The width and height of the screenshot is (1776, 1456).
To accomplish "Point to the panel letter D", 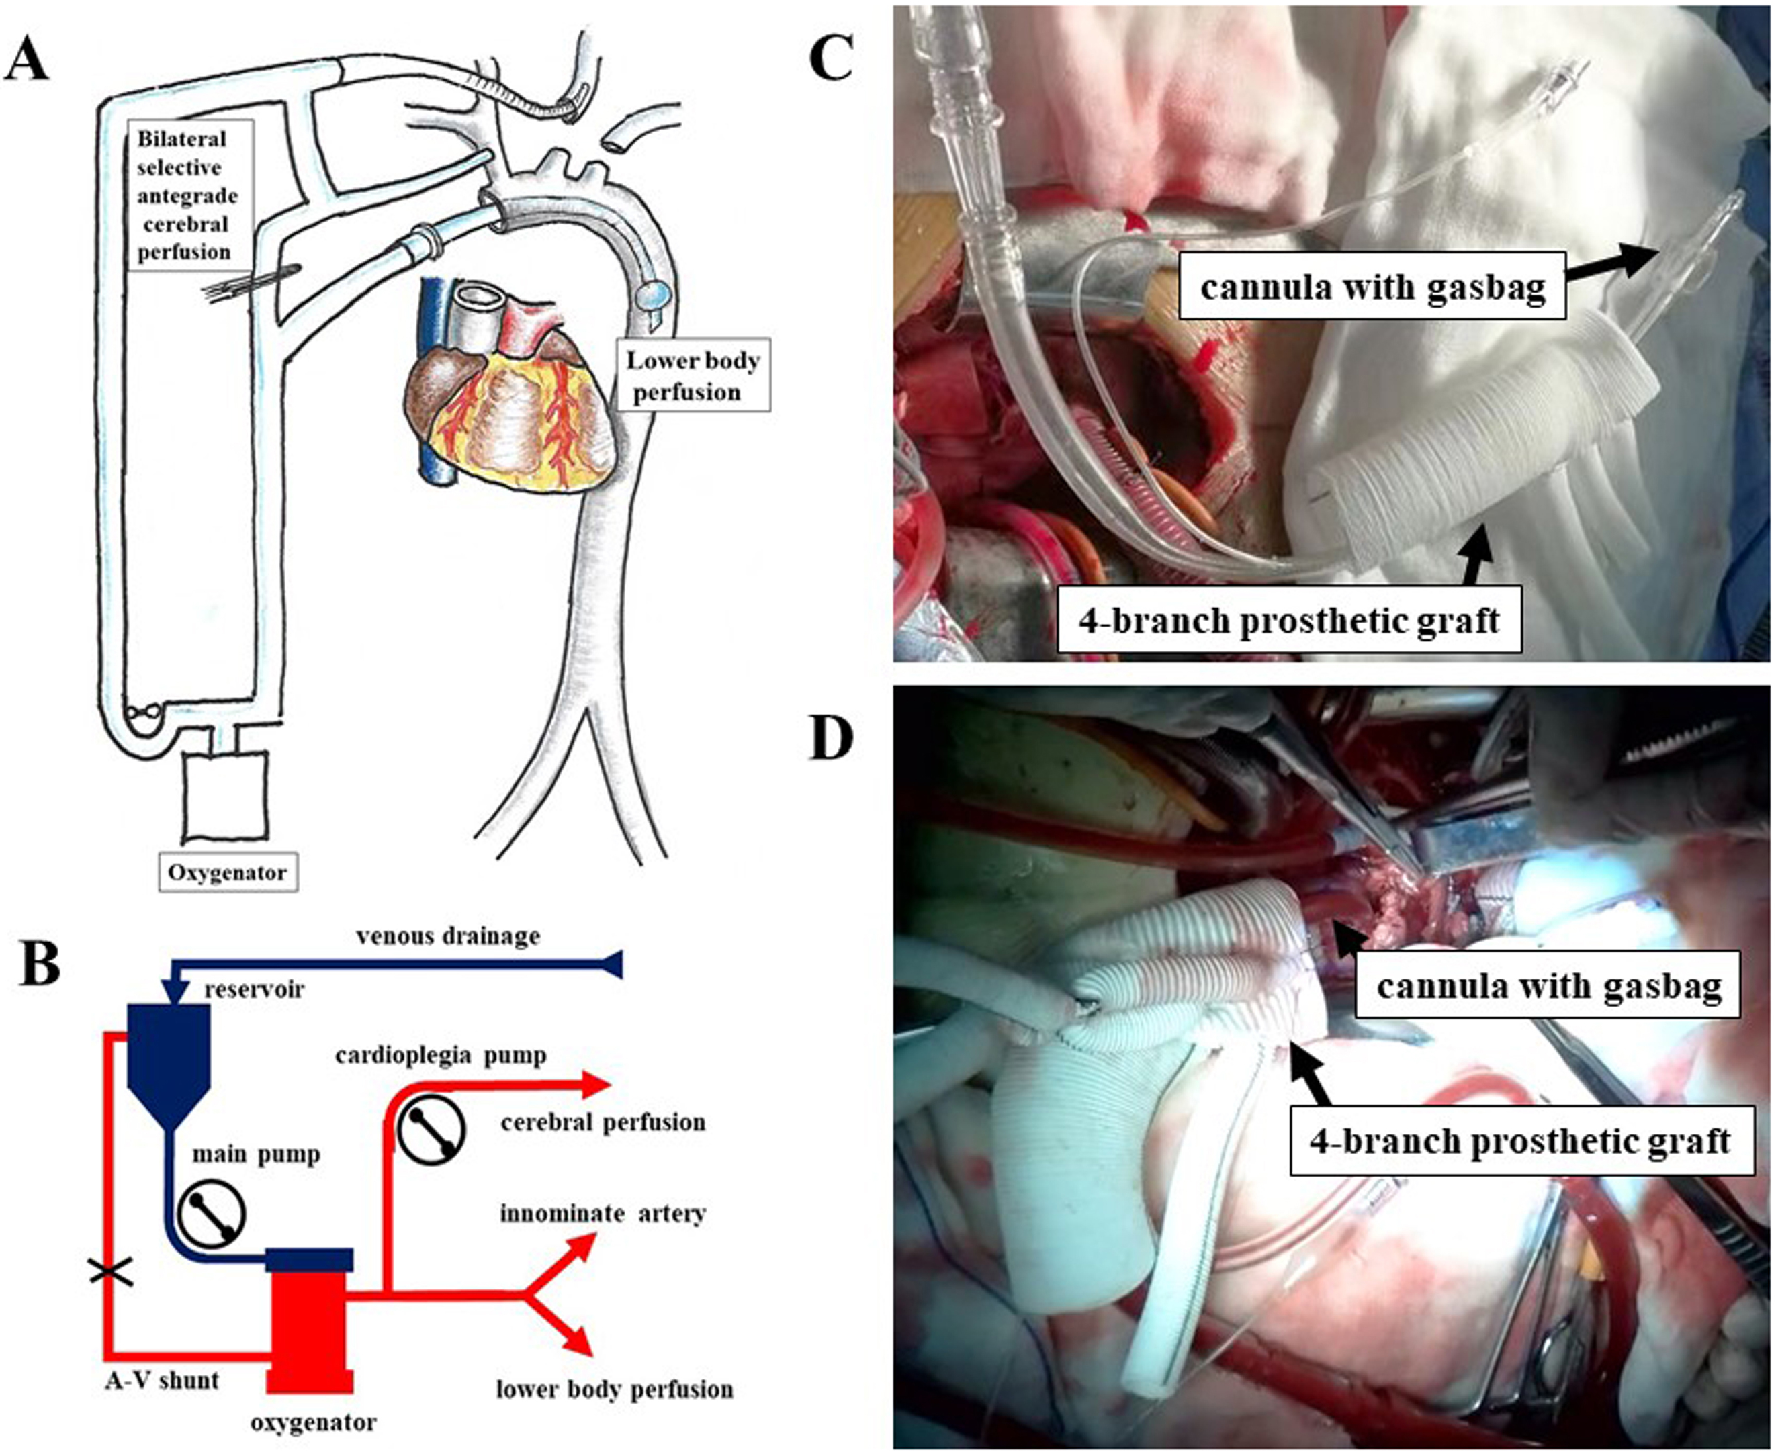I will (830, 739).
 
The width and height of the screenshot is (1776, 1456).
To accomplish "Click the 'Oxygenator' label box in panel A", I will (227, 872).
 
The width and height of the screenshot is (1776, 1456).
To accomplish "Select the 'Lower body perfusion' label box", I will (693, 375).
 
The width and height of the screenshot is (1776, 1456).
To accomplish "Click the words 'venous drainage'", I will (448, 936).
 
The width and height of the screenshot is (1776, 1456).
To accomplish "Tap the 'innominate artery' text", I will (603, 1214).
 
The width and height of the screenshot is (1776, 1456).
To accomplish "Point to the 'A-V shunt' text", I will (162, 1379).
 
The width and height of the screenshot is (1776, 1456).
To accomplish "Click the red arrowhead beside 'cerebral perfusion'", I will (597, 1084).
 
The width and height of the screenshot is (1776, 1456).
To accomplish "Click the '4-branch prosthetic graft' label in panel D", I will (1519, 1142).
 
